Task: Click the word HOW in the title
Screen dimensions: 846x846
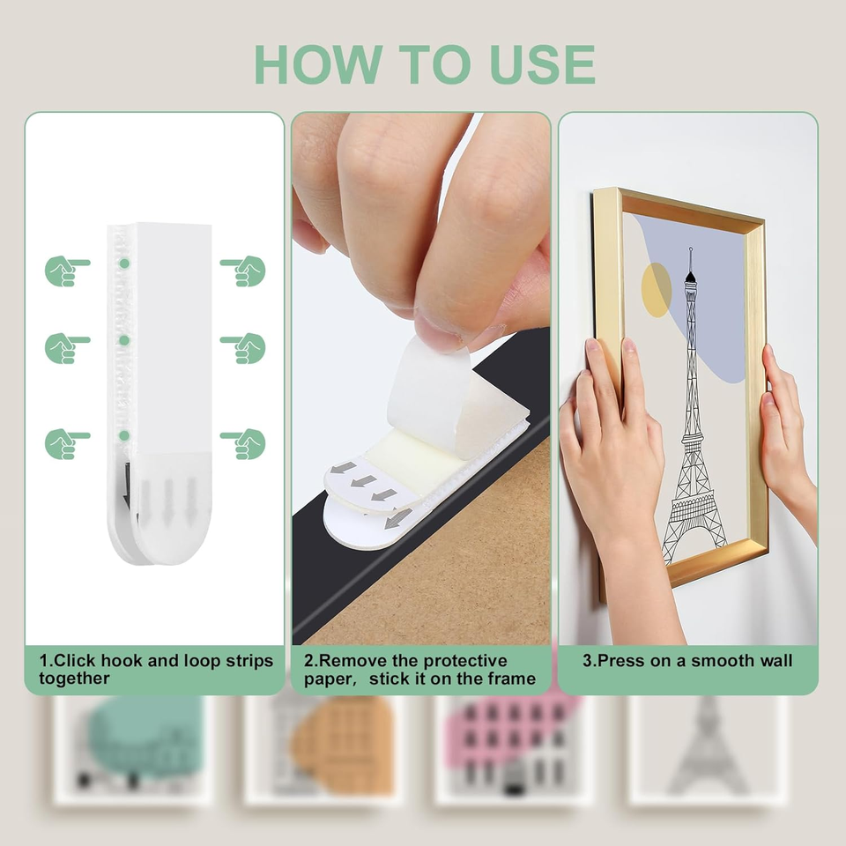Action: click(x=319, y=64)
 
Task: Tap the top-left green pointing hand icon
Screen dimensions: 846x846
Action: click(x=67, y=271)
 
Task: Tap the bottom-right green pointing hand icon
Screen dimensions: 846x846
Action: click(x=243, y=443)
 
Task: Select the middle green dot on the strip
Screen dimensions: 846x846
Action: click(x=124, y=340)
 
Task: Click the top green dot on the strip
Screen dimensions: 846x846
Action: click(x=124, y=263)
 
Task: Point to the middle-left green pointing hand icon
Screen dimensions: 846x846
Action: click(x=67, y=348)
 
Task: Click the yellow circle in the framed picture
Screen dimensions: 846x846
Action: click(x=656, y=290)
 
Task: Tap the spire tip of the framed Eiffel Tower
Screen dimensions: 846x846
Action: click(x=691, y=249)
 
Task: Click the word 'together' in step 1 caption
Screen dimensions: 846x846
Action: click(x=74, y=679)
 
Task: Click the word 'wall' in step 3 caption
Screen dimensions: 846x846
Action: click(x=775, y=660)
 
